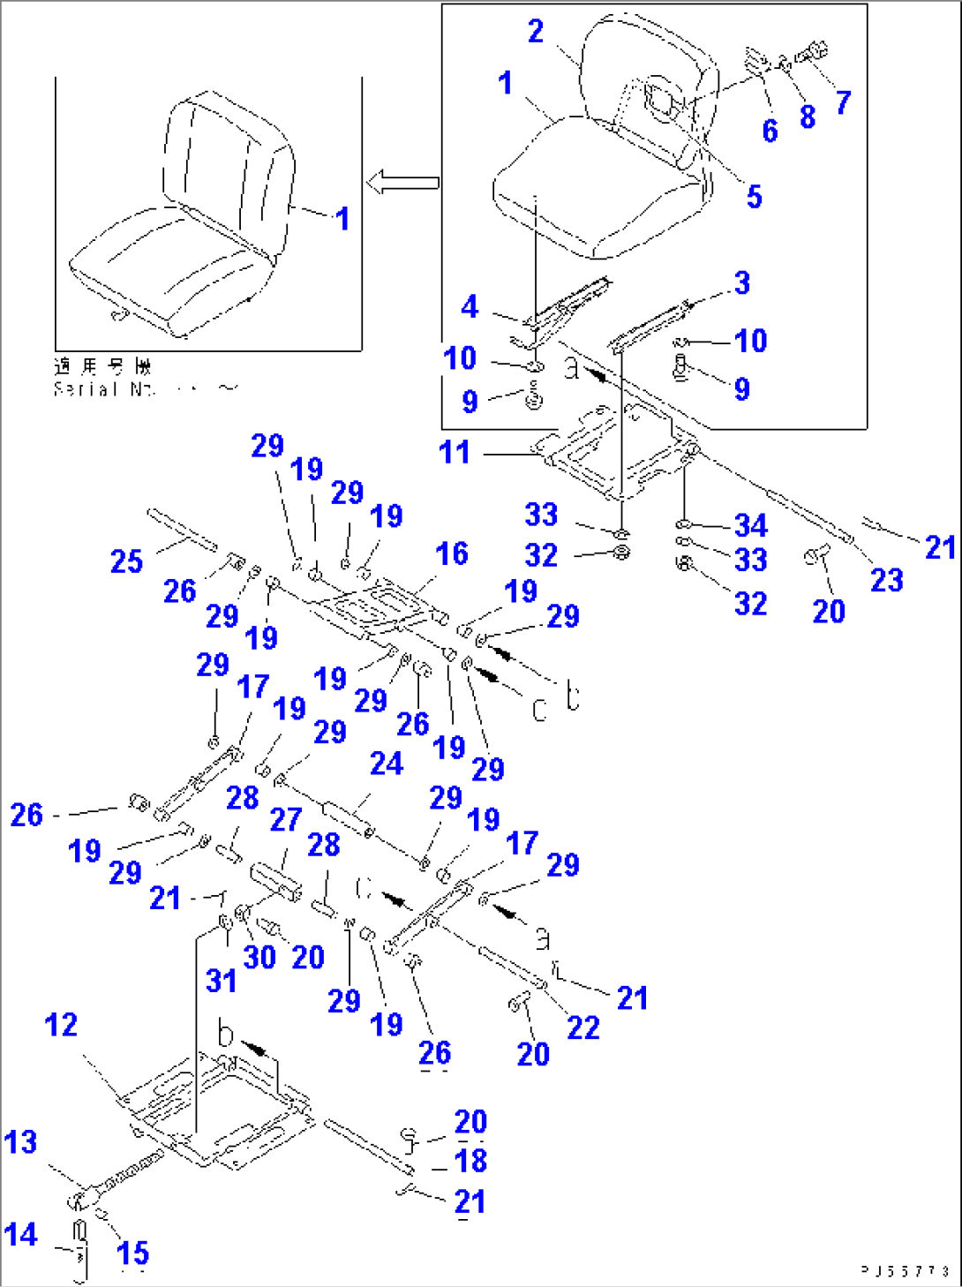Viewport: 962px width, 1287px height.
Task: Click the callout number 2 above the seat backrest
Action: coord(536,32)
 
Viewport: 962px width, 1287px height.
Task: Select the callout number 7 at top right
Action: coord(843,102)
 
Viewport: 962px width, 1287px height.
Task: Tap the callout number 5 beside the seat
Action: coord(754,196)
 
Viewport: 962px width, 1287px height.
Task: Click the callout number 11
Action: coord(455,453)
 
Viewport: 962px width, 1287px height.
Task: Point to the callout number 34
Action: coord(751,525)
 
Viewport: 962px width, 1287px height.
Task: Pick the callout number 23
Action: coord(886,580)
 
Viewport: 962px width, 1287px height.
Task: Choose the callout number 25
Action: coord(126,561)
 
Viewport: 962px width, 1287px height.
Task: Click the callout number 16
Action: coord(451,554)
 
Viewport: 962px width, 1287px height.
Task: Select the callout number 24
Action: coord(386,764)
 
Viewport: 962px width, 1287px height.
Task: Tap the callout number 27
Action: coord(285,819)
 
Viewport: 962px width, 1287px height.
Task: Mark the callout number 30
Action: coord(259,957)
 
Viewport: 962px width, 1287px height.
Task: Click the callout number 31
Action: coord(221,981)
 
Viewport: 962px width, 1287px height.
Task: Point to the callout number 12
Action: coord(61,1025)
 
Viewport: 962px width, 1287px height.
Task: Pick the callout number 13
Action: coord(20,1142)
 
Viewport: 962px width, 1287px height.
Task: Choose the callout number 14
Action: coord(20,1234)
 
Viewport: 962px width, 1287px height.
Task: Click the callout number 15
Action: coord(132,1253)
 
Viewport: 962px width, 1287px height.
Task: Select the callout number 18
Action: coord(470,1161)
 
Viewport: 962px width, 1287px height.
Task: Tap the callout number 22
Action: coord(582,1027)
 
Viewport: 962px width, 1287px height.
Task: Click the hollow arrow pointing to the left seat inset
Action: coord(402,183)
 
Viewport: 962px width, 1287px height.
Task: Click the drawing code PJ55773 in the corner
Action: coord(905,1271)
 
